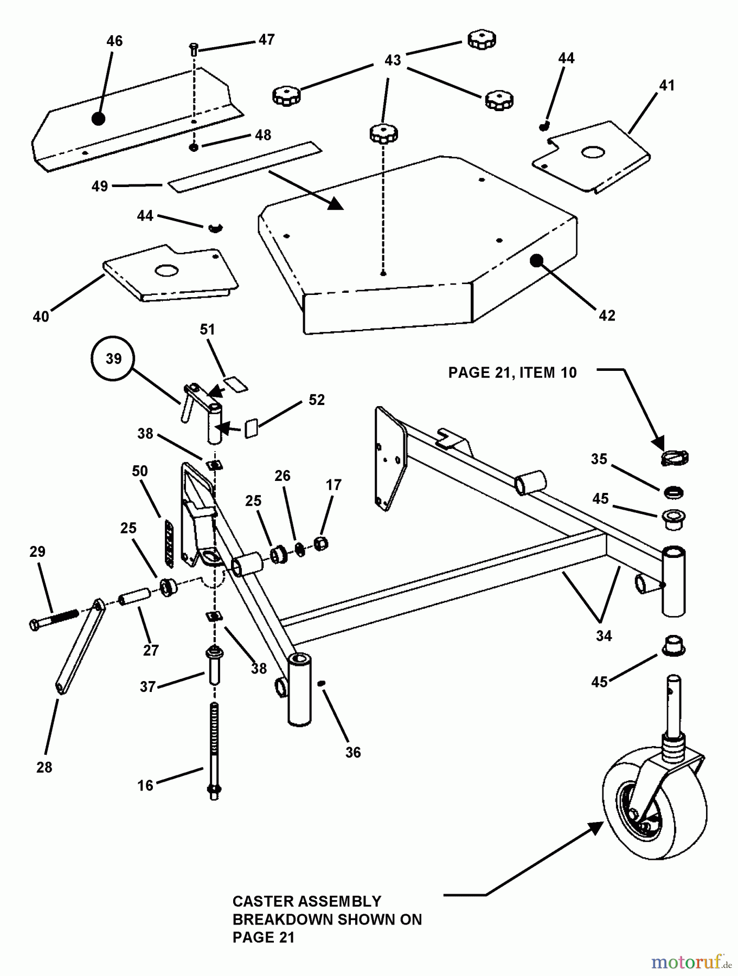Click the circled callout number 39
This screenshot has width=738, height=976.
tap(113, 358)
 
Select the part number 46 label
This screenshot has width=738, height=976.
tap(114, 41)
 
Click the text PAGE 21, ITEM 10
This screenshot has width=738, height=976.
tap(512, 373)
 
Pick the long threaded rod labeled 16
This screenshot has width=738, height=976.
tap(214, 748)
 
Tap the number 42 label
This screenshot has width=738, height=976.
tap(607, 316)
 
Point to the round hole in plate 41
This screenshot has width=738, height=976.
tap(593, 153)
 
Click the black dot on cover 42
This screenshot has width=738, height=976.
tap(536, 260)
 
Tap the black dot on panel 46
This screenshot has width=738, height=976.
tap(98, 119)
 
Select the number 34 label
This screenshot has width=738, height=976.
tap(604, 635)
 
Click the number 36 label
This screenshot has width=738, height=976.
tap(353, 752)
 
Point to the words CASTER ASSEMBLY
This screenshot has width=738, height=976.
tap(307, 901)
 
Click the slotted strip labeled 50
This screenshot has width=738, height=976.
tap(169, 543)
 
